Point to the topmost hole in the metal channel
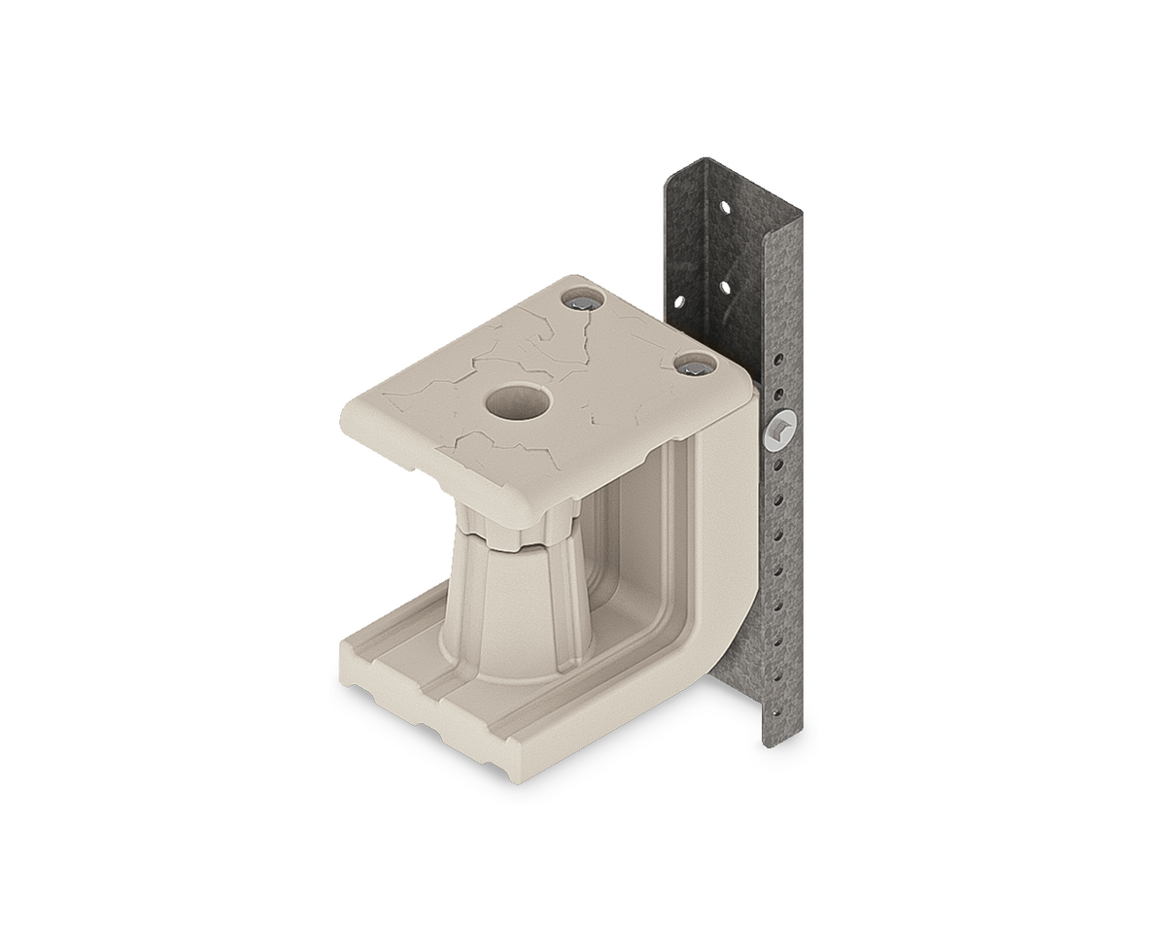[722, 207]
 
